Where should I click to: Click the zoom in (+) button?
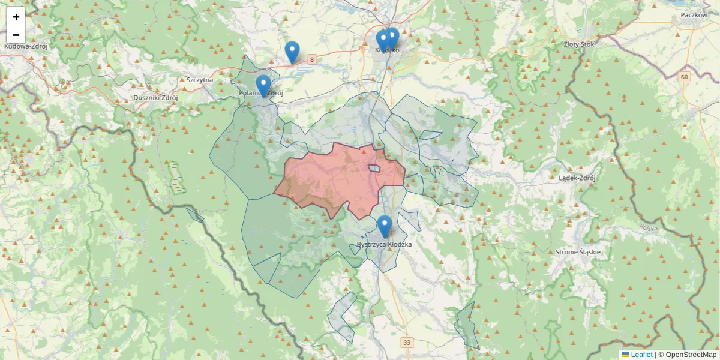point(16,17)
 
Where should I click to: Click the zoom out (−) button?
point(16,35)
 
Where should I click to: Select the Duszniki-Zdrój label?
point(156,98)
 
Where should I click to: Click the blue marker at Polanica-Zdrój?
point(263,85)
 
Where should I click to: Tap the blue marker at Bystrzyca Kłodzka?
point(385,226)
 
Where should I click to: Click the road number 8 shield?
point(311,59)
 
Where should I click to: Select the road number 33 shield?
point(408,343)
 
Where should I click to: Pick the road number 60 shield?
point(685,77)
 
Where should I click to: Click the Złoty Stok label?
point(579,44)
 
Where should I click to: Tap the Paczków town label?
point(694,15)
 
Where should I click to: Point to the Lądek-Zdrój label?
point(576,178)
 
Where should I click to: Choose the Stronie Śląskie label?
point(578,252)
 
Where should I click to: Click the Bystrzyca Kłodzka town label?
point(384,245)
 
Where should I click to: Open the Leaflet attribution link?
point(641,355)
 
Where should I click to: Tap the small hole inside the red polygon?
point(374,169)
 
